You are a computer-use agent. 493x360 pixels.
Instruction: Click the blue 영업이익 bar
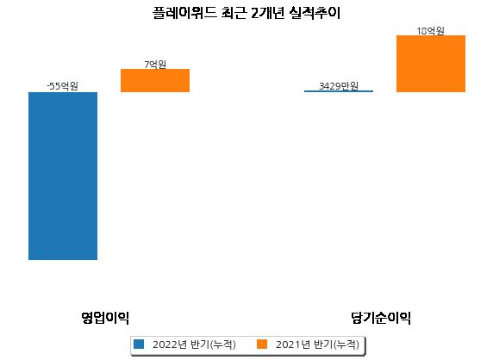63,176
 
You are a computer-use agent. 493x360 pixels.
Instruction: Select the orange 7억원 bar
155,80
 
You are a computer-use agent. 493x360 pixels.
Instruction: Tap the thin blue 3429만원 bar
339,91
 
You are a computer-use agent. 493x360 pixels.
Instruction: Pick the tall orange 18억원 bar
431,64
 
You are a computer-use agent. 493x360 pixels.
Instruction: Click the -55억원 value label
62,86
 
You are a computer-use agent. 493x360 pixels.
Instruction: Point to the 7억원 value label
155,65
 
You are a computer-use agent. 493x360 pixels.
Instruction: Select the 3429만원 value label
339,86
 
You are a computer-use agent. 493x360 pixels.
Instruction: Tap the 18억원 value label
430,31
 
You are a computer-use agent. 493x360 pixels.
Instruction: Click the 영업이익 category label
105,318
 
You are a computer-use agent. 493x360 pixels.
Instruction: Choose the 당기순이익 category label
381,318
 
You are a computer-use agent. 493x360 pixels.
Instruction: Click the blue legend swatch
139,344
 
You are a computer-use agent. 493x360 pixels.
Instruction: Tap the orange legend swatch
262,344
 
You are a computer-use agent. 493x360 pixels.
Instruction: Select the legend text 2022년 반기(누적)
194,344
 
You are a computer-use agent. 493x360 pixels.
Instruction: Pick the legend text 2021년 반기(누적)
317,344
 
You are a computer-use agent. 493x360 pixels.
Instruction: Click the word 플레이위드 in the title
184,13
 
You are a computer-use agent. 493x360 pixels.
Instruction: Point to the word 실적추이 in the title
315,13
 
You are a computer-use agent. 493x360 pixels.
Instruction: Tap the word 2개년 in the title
268,13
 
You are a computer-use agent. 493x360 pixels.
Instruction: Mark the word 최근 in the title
234,13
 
